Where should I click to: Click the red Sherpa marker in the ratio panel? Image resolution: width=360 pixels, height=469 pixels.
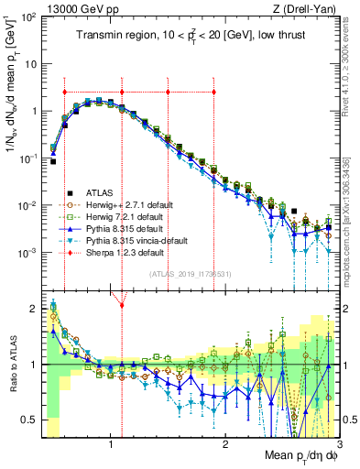(122, 304)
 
